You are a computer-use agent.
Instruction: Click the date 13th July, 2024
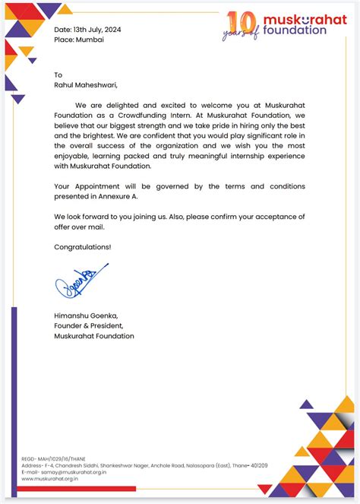coord(99,30)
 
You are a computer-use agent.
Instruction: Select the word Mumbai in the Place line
coord(90,40)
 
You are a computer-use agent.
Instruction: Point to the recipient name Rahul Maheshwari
coord(86,86)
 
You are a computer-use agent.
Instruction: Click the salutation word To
coord(58,74)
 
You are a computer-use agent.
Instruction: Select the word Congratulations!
coord(83,247)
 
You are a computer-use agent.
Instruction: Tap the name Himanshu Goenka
coord(86,315)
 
